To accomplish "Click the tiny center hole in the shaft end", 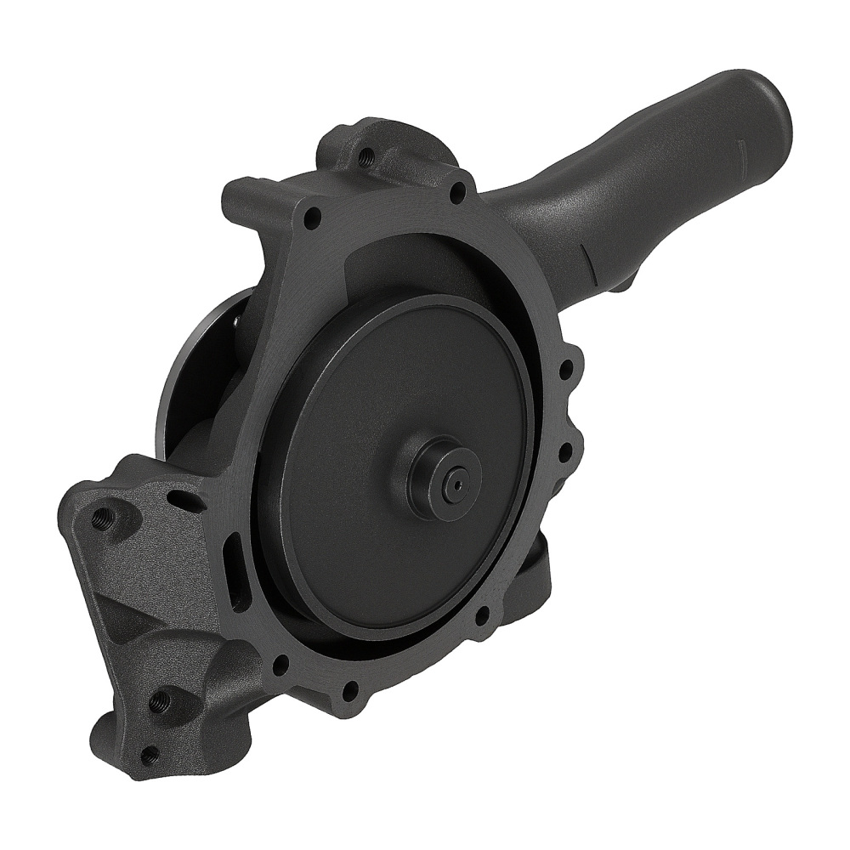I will [x=457, y=486].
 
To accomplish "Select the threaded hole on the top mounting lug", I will [x=366, y=156].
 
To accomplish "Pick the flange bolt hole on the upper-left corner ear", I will [x=312, y=215].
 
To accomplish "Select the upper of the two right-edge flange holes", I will [x=564, y=372].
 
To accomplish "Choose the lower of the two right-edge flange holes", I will [x=563, y=451].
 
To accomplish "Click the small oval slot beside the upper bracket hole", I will [x=184, y=500].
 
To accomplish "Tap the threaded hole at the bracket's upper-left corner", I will [x=104, y=517].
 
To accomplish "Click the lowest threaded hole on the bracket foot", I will [x=149, y=753].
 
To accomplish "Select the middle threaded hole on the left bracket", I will [x=160, y=701].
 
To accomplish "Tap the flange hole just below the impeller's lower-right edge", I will [x=482, y=611].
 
